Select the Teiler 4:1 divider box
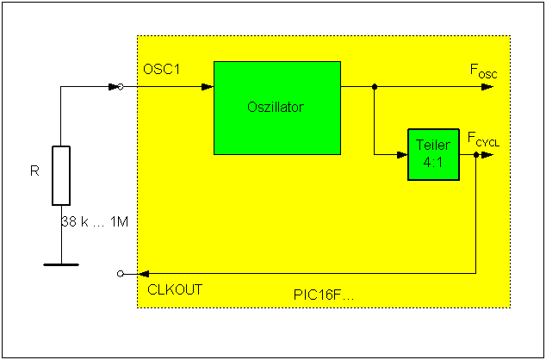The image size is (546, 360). pyautogui.click(x=432, y=154)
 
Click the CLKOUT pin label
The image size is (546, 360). pyautogui.click(x=174, y=289)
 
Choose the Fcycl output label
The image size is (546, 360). pyautogui.click(x=483, y=138)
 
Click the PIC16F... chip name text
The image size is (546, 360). pyautogui.click(x=324, y=295)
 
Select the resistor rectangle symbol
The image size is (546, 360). pyautogui.click(x=61, y=176)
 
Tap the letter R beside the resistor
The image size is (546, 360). pyautogui.click(x=34, y=171)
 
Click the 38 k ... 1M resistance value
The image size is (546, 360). pyautogui.click(x=95, y=221)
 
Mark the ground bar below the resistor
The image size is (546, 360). pyautogui.click(x=61, y=264)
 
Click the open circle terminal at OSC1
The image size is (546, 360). pyautogui.click(x=121, y=86)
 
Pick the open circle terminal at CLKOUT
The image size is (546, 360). pyautogui.click(x=121, y=273)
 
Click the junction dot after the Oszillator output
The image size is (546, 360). pyautogui.click(x=374, y=86)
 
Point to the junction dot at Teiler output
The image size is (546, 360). pyautogui.click(x=476, y=155)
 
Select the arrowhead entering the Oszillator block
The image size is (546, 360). pyautogui.click(x=208, y=86)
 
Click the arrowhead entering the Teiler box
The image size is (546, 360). pyautogui.click(x=402, y=155)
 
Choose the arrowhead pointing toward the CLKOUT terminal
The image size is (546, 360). pyautogui.click(x=132, y=273)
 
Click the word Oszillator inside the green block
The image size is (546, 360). pyautogui.click(x=276, y=108)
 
